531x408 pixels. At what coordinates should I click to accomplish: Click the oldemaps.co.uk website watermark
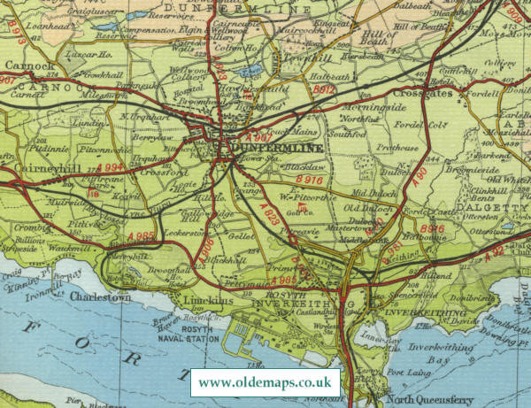pos(265,383)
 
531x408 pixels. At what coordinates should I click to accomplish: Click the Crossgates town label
pos(421,93)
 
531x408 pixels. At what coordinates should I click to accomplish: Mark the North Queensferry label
pos(435,396)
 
